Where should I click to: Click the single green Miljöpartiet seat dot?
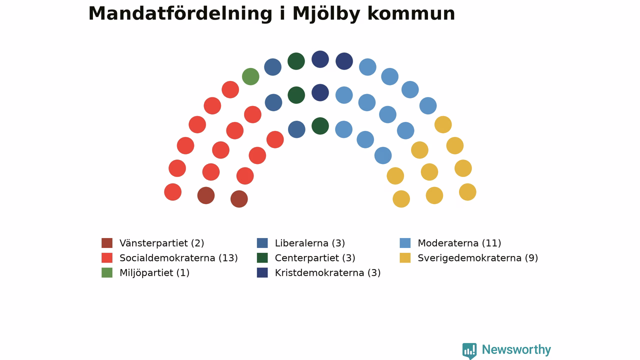pyautogui.click(x=250, y=76)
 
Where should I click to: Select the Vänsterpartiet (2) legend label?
pyautogui.click(x=161, y=243)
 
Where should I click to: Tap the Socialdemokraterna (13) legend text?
pyautogui.click(x=178, y=258)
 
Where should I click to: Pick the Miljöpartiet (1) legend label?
pyautogui.click(x=154, y=273)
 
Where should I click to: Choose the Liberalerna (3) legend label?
pyautogui.click(x=310, y=243)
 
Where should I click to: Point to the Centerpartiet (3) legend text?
pyautogui.click(x=315, y=258)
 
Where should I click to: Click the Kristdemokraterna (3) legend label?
pyautogui.click(x=327, y=273)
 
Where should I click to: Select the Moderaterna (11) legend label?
pyautogui.click(x=459, y=243)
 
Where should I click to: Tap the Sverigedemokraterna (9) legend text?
pyautogui.click(x=478, y=258)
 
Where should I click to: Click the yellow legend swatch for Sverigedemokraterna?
pyautogui.click(x=405, y=257)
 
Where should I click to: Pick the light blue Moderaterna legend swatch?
pyautogui.click(x=405, y=243)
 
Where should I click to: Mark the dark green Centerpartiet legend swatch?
pyautogui.click(x=262, y=257)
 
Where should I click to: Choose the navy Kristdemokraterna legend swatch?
pyautogui.click(x=262, y=272)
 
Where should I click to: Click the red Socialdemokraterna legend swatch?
pyautogui.click(x=107, y=257)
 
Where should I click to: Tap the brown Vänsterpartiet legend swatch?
pyautogui.click(x=107, y=243)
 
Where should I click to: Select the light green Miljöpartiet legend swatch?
pyautogui.click(x=107, y=272)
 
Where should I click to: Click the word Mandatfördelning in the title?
pyautogui.click(x=180, y=13)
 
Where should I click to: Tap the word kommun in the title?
pyautogui.click(x=411, y=13)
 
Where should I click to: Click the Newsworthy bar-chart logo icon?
pyautogui.click(x=469, y=350)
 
